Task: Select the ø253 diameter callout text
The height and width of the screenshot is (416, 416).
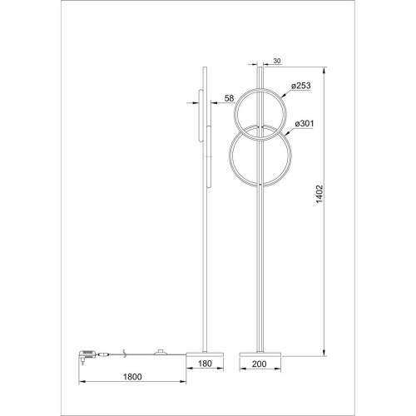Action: [303, 85]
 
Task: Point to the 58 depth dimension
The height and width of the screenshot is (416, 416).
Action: [229, 98]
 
